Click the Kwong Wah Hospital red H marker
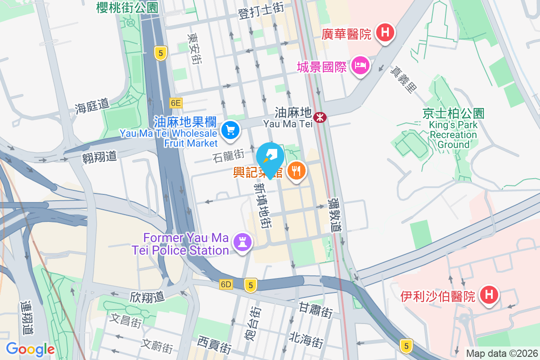point(385,33)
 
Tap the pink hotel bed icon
point(360,66)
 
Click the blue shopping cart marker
point(230,130)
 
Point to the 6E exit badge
point(176,103)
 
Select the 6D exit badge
point(226,284)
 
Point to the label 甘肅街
point(315,310)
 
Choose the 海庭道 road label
point(92,106)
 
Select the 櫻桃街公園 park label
point(127,7)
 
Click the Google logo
point(30,349)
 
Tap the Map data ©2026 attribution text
point(501,353)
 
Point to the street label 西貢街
point(214,345)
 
